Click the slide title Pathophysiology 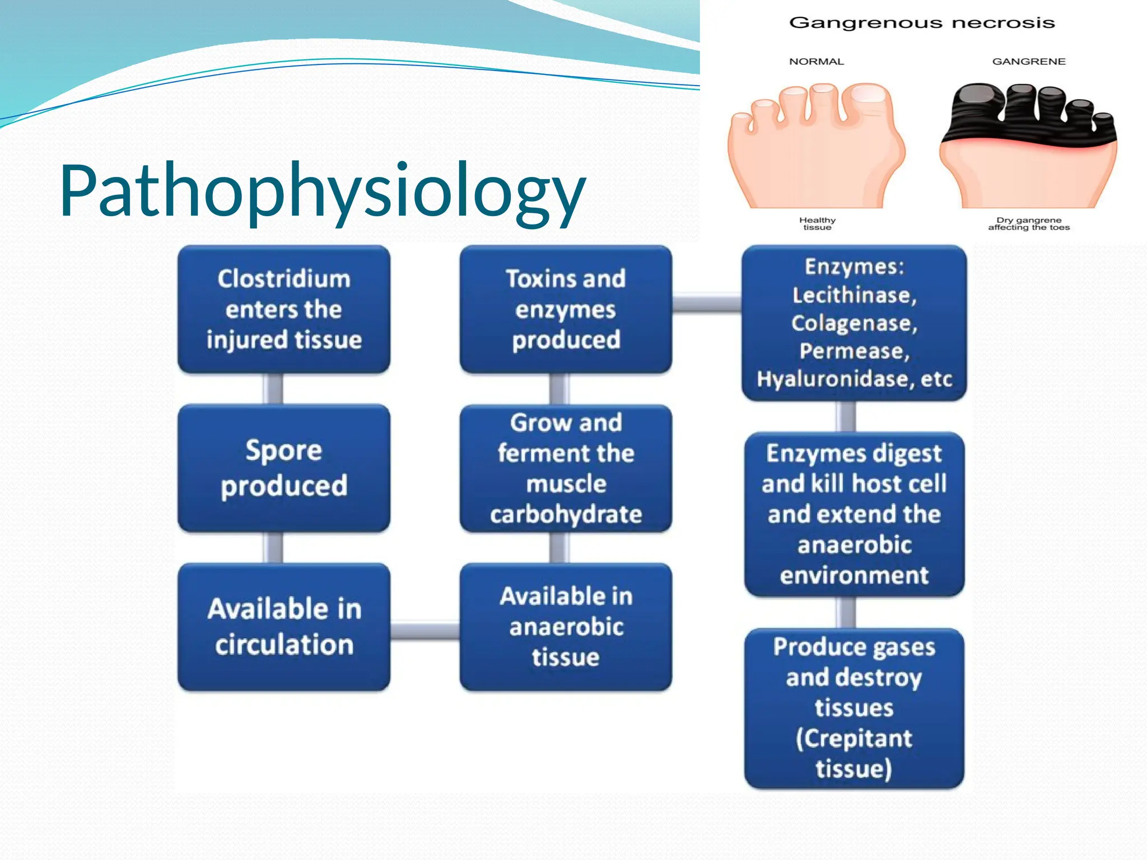(x=322, y=190)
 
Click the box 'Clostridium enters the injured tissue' (x=284, y=309)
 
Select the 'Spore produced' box (x=284, y=468)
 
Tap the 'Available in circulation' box (x=284, y=627)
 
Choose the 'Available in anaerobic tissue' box (x=566, y=627)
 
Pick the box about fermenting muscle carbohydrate (x=566, y=468)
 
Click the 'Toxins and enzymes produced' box (x=566, y=309)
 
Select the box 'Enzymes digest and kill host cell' (x=854, y=514)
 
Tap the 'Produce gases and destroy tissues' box (x=854, y=708)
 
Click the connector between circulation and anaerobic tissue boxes (x=425, y=631)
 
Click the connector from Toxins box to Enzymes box (x=707, y=303)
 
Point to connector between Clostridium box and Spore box (x=273, y=389)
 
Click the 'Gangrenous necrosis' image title (x=922, y=23)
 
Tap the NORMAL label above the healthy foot (x=816, y=62)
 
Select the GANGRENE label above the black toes (x=1029, y=62)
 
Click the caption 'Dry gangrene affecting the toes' (x=1029, y=224)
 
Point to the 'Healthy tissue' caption (x=817, y=224)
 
